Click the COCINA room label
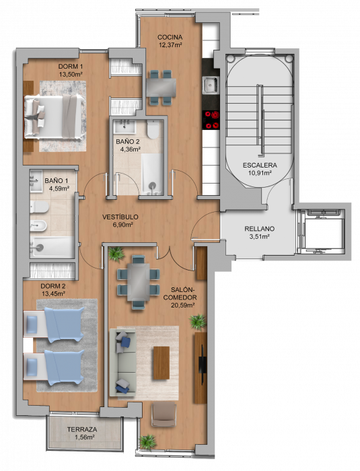tap(170, 37)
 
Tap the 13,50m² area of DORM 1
tap(71, 74)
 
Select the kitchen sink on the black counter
tap(211, 85)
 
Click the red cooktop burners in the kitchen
tap(211, 120)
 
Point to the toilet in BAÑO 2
tap(153, 129)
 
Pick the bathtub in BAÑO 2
tap(153, 174)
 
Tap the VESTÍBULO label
tap(120, 217)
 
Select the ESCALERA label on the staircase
tap(260, 165)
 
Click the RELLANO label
tap(259, 229)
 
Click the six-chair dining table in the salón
tap(138, 282)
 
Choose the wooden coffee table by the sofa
tap(161, 363)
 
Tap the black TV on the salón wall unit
tap(203, 364)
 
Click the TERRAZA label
tap(82, 429)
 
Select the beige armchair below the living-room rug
tap(164, 414)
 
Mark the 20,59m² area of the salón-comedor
tap(182, 305)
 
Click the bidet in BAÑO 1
tap(38, 225)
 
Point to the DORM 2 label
tap(53, 286)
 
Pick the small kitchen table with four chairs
tap(161, 87)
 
